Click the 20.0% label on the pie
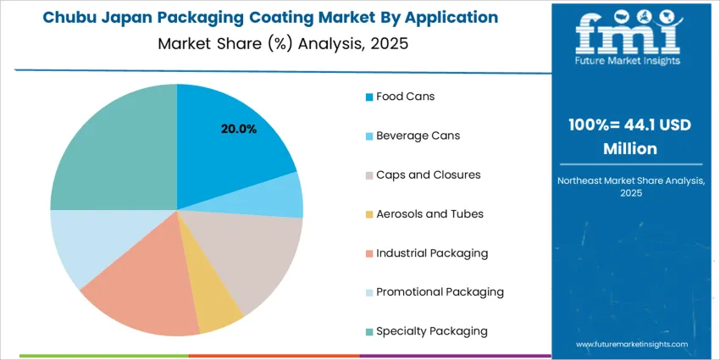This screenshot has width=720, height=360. click(x=239, y=130)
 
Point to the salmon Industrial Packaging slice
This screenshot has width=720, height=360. click(x=144, y=288)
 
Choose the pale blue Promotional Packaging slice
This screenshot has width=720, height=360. click(x=89, y=246)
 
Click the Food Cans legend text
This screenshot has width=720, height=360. click(x=405, y=97)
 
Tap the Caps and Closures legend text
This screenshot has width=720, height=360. click(x=428, y=174)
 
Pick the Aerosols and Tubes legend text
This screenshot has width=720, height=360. click(x=429, y=213)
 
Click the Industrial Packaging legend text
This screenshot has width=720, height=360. click(x=432, y=252)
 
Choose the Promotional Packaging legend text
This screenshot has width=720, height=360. click(x=440, y=291)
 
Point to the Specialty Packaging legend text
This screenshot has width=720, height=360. click(x=431, y=330)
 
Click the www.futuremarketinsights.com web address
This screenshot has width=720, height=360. click(x=631, y=345)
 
